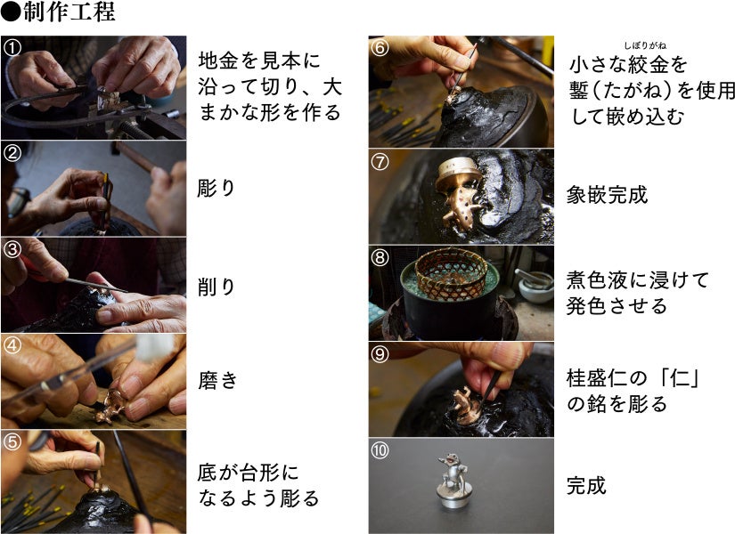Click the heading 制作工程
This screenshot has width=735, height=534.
(69, 12)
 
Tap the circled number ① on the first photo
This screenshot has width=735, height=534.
(12, 47)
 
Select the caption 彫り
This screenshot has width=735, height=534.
(216, 189)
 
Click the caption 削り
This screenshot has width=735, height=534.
(216, 287)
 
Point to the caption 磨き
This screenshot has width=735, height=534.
(218, 380)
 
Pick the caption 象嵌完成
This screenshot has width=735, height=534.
(607, 194)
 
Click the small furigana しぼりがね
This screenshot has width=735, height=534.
(645, 45)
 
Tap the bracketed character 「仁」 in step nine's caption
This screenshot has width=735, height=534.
(680, 377)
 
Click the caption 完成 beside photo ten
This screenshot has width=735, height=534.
(586, 485)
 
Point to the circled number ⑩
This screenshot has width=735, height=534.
(380, 450)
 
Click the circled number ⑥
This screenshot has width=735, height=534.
(380, 47)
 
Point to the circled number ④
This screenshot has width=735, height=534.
(12, 345)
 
